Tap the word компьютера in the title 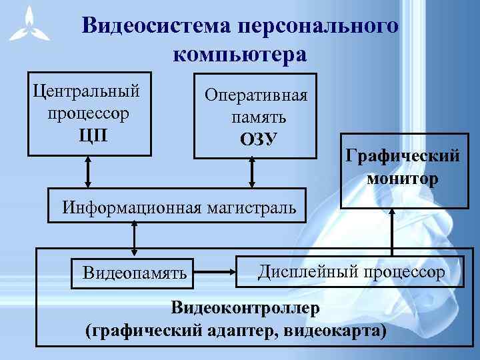click(240, 54)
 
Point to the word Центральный click(87, 90)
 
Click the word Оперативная click(256, 95)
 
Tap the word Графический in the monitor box click(403, 156)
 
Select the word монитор click(403, 178)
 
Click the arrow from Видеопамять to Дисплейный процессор click(216, 271)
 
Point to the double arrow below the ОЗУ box click(252, 171)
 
